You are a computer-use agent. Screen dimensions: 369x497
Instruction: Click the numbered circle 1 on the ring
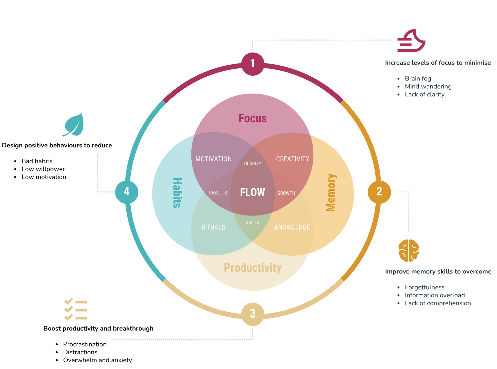tap(253, 64)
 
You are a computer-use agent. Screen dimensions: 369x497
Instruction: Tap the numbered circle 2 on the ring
tap(379, 192)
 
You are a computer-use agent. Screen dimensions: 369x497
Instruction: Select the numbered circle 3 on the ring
tap(253, 314)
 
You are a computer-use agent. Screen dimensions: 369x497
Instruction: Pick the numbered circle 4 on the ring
tap(127, 192)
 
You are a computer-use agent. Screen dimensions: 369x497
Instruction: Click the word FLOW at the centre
tap(252, 192)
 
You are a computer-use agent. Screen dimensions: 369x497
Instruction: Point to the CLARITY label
tap(252, 164)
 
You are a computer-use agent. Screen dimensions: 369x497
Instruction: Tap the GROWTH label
tap(286, 193)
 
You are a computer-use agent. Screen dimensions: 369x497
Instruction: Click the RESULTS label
tap(218, 193)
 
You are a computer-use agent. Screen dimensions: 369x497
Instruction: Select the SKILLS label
tap(252, 222)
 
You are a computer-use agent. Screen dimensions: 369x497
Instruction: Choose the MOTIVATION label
tap(213, 159)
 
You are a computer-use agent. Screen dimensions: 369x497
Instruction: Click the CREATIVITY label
tap(293, 159)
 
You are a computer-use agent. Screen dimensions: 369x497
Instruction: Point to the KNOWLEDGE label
tap(292, 227)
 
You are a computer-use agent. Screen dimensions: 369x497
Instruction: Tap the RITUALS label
tap(213, 227)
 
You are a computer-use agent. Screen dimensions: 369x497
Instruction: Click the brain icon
tap(408, 250)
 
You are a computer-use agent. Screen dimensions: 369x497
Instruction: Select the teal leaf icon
tap(74, 125)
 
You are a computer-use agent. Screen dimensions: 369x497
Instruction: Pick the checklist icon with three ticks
tap(76, 309)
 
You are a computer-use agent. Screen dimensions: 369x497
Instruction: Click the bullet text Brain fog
tap(418, 79)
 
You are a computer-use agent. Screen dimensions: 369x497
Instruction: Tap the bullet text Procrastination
tap(85, 344)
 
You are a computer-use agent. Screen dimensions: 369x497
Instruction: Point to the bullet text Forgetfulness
tap(424, 288)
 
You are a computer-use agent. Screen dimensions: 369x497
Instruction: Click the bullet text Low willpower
tap(43, 169)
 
